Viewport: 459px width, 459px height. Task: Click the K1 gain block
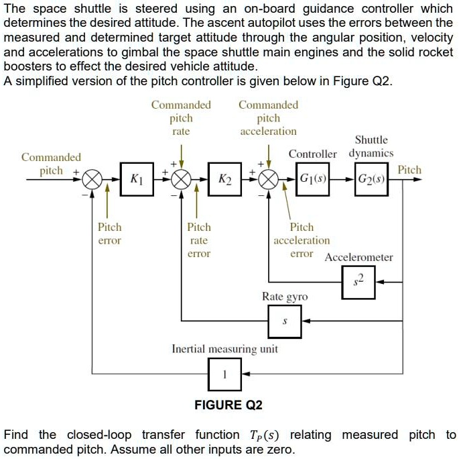[136, 179]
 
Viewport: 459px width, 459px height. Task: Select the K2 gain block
[225, 179]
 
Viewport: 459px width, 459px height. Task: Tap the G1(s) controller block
[313, 179]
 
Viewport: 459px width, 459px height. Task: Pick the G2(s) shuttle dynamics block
[371, 179]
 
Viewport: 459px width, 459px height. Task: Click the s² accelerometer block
[358, 282]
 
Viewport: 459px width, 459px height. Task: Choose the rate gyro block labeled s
[284, 321]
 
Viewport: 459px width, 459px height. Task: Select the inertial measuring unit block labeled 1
[224, 374]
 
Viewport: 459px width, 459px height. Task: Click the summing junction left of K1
[93, 179]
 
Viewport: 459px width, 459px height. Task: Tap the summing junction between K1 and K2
[182, 179]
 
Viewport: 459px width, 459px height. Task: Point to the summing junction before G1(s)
[269, 179]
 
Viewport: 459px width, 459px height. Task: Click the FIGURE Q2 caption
[228, 405]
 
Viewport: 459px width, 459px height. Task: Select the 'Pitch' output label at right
[409, 170]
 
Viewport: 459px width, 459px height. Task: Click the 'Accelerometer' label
[358, 257]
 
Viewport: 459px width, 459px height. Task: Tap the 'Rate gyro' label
[285, 296]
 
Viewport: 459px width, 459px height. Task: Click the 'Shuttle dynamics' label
[371, 146]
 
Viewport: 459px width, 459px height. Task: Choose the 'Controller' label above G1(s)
[313, 154]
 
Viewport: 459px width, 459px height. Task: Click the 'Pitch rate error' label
[199, 240]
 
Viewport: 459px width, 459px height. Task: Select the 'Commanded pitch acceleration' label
[268, 118]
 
